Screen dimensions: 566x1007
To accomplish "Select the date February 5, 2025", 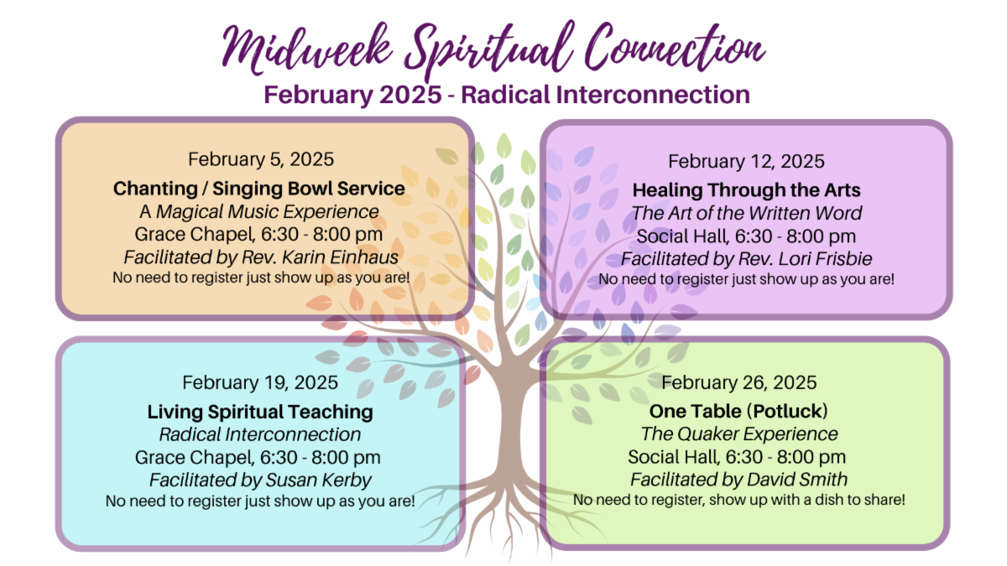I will [x=260, y=159].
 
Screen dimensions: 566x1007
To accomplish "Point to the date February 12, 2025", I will [x=746, y=161].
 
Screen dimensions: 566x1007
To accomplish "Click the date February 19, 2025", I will [x=260, y=383].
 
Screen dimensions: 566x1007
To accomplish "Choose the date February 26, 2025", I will [x=738, y=383].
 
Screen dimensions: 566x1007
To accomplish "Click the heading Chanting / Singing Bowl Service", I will [x=259, y=189].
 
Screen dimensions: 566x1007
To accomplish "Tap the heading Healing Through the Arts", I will [x=746, y=190].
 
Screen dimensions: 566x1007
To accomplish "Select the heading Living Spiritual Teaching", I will [x=260, y=412].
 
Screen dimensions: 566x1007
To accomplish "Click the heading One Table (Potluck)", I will [x=738, y=412].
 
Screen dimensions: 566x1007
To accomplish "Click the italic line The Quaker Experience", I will [x=738, y=434].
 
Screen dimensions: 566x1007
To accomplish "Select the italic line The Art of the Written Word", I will [x=746, y=213].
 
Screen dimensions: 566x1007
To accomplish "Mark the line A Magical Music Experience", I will [x=259, y=211].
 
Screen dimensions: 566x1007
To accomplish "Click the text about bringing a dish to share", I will [x=738, y=500].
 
